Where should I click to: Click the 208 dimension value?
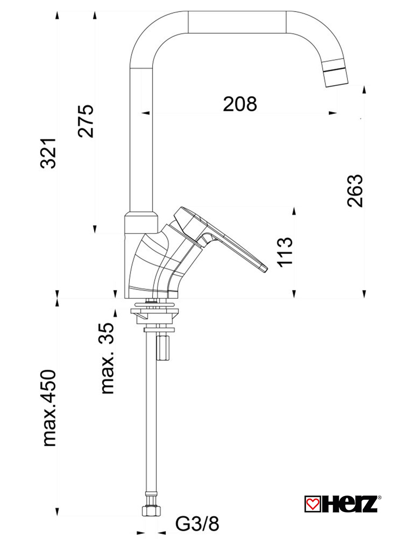240,104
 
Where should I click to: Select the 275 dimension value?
86,121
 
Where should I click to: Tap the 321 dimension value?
48,154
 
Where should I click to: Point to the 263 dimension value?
355,190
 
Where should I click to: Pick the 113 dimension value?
285,252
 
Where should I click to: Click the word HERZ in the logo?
349,504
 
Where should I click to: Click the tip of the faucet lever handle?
265,269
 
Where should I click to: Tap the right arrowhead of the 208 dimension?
333,113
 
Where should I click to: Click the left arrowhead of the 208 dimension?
146,113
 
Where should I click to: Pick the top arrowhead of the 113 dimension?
294,211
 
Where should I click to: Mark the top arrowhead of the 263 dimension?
364,89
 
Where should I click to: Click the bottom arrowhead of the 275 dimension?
95,230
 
